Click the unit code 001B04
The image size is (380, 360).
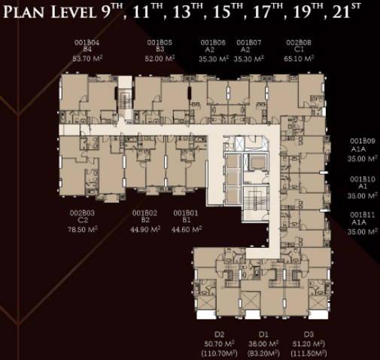point(87,43)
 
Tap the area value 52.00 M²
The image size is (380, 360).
point(160,59)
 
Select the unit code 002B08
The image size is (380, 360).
point(299,42)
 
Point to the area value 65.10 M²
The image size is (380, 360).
point(299,59)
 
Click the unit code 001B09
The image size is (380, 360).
point(363,141)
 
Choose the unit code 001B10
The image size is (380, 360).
point(363,179)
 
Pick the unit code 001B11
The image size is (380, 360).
point(363,215)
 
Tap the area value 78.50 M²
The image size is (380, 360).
point(83,230)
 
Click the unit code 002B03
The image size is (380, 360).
point(82,213)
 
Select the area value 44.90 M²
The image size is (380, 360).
point(145,229)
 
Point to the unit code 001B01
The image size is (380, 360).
point(186,213)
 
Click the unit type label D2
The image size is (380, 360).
point(220,334)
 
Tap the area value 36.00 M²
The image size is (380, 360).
point(263,343)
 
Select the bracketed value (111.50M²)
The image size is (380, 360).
point(309,353)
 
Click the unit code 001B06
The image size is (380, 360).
point(213,43)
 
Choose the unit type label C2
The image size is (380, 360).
point(83,221)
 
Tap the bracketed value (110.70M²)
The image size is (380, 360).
point(220,353)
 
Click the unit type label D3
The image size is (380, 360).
point(309,334)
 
